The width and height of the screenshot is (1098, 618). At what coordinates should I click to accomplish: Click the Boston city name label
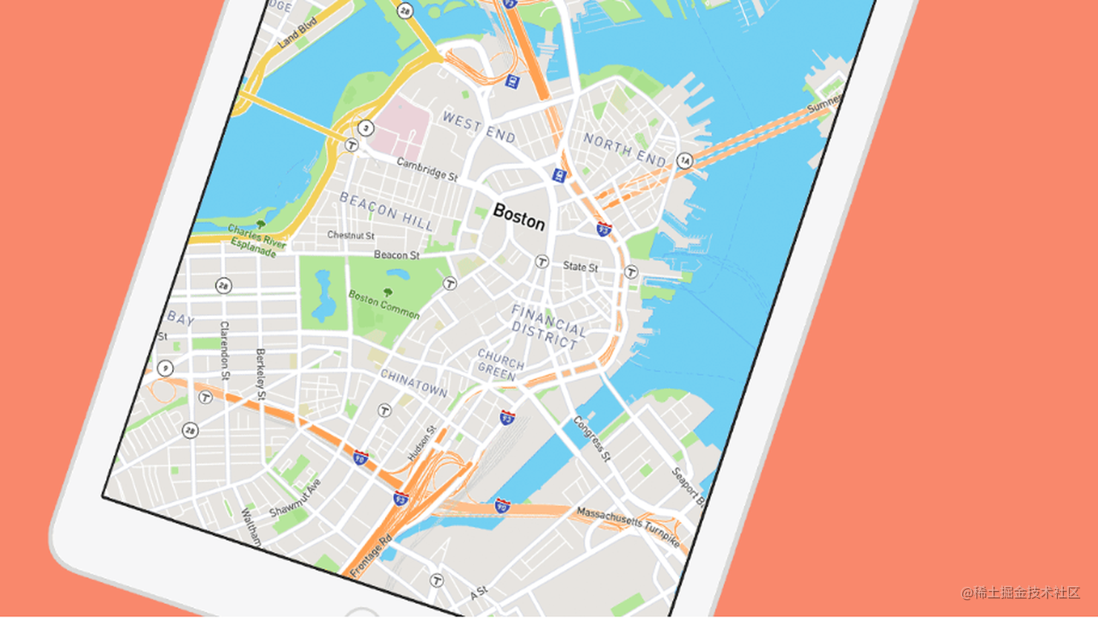pos(519,217)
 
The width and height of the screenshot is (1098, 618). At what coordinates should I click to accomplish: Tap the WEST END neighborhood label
pos(479,127)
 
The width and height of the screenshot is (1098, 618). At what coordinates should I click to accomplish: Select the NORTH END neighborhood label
pos(625,149)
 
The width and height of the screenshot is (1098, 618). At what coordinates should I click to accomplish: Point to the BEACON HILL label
pos(387,211)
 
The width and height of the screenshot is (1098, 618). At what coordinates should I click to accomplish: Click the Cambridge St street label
pos(427,169)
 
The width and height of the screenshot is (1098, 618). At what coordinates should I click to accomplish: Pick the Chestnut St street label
pos(351,235)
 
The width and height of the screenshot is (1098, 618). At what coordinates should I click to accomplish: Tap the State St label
pos(580,266)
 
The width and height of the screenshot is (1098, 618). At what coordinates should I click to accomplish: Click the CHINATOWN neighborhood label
pos(414,383)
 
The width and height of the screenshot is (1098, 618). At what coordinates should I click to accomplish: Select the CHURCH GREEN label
pos(500,365)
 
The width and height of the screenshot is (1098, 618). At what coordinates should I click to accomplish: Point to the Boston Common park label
pos(384,303)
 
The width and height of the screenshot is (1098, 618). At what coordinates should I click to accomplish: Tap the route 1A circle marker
pos(684,160)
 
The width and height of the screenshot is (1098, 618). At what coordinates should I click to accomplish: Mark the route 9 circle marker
pos(165,368)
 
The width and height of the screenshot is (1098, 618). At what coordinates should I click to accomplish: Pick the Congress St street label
pos(592,438)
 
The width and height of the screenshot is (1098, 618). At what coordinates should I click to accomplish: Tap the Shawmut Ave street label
pos(295,499)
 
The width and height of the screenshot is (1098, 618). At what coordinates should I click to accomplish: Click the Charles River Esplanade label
pos(257,240)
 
